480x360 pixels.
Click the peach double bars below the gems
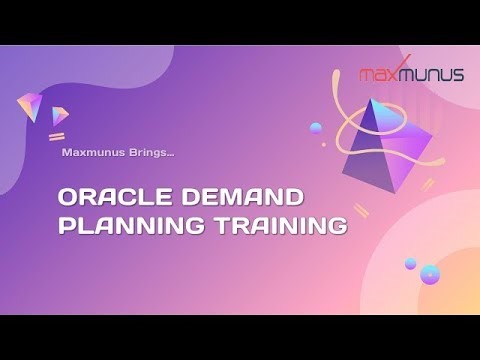(x=57, y=135)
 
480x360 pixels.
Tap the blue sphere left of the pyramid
(x=316, y=128)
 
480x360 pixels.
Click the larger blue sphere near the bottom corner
(x=430, y=272)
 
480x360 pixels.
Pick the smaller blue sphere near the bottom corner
(x=410, y=263)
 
